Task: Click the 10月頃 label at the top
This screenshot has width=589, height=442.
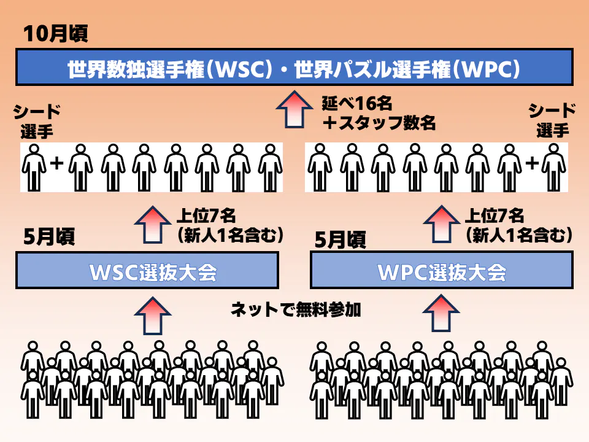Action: click(56, 34)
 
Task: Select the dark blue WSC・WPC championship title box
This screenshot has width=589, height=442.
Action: click(294, 67)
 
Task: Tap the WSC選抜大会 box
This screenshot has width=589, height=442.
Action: click(147, 270)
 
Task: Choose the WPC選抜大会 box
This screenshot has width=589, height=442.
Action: click(442, 270)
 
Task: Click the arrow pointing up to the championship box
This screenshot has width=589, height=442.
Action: click(294, 109)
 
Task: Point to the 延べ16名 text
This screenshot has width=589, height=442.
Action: click(357, 103)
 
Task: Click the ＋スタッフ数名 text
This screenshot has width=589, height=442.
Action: click(379, 123)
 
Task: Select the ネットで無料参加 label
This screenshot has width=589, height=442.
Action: click(296, 309)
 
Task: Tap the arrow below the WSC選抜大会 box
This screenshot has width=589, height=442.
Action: click(153, 316)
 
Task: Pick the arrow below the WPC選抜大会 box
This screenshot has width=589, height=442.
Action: click(441, 313)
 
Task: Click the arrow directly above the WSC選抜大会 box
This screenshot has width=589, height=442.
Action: click(153, 225)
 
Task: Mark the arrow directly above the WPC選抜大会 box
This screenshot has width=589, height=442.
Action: click(441, 223)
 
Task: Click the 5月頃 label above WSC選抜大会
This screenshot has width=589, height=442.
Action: click(49, 237)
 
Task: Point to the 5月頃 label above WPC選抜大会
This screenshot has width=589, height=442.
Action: click(341, 240)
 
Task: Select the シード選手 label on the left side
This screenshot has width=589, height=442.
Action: click(36, 122)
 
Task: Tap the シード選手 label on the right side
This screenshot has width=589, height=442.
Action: click(552, 120)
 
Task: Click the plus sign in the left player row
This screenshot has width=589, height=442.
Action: click(57, 163)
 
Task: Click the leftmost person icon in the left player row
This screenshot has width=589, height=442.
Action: click(34, 168)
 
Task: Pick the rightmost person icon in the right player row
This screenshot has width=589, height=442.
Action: click(553, 168)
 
